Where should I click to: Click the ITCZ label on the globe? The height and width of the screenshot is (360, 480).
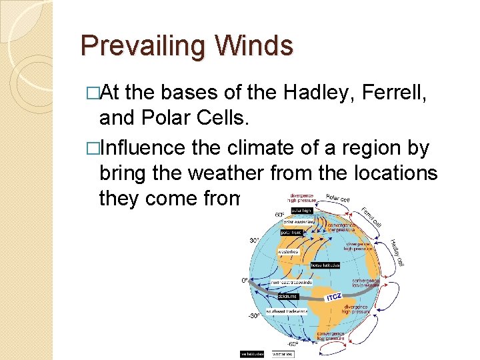point(334,296)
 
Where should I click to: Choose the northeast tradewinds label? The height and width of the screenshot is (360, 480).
point(291,282)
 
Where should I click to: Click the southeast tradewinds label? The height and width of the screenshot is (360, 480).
point(287,311)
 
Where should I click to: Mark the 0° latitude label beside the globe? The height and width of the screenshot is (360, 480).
point(245,281)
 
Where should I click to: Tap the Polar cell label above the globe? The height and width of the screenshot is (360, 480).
point(338,197)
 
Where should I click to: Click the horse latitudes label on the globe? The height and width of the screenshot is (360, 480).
point(325,265)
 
